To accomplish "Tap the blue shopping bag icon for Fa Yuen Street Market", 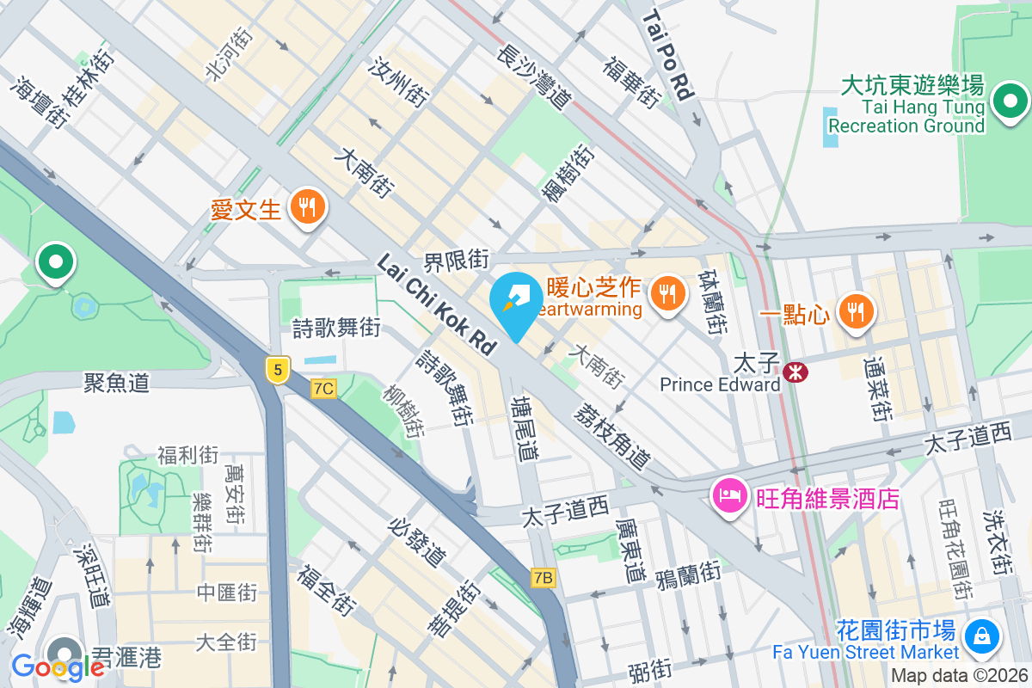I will click(x=980, y=637).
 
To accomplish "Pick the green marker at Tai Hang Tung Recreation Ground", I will click(x=1010, y=102).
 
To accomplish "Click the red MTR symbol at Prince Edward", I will click(x=795, y=372).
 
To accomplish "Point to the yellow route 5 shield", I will click(x=275, y=370).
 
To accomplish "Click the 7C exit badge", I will click(x=323, y=389).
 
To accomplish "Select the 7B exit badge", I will click(x=543, y=577).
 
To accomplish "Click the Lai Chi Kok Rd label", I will click(x=438, y=304).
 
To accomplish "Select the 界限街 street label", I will click(x=456, y=259).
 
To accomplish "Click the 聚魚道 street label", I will click(x=117, y=383).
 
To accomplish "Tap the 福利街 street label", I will click(x=187, y=454).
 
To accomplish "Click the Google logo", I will click(x=58, y=666).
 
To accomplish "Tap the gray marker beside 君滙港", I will click(x=64, y=652).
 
